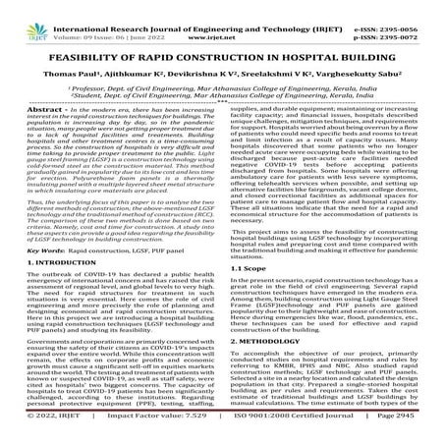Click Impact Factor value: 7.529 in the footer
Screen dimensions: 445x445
pyautogui.click(x=165, y=435)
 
